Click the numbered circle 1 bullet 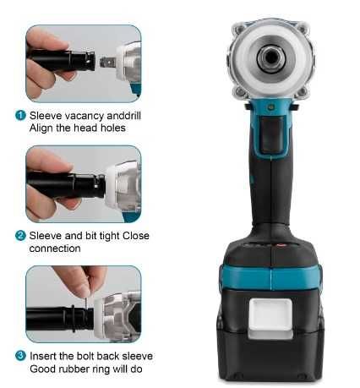click(x=20, y=116)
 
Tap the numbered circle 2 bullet click(x=20, y=236)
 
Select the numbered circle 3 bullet click(x=20, y=356)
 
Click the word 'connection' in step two click(x=55, y=249)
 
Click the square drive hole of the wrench click(x=271, y=58)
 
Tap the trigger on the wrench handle click(x=270, y=134)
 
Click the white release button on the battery click(x=270, y=318)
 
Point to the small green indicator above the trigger click(x=270, y=107)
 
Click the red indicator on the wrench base click(x=279, y=245)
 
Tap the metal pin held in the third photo click(x=87, y=299)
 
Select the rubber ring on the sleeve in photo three click(x=74, y=318)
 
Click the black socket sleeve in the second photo click(x=67, y=184)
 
